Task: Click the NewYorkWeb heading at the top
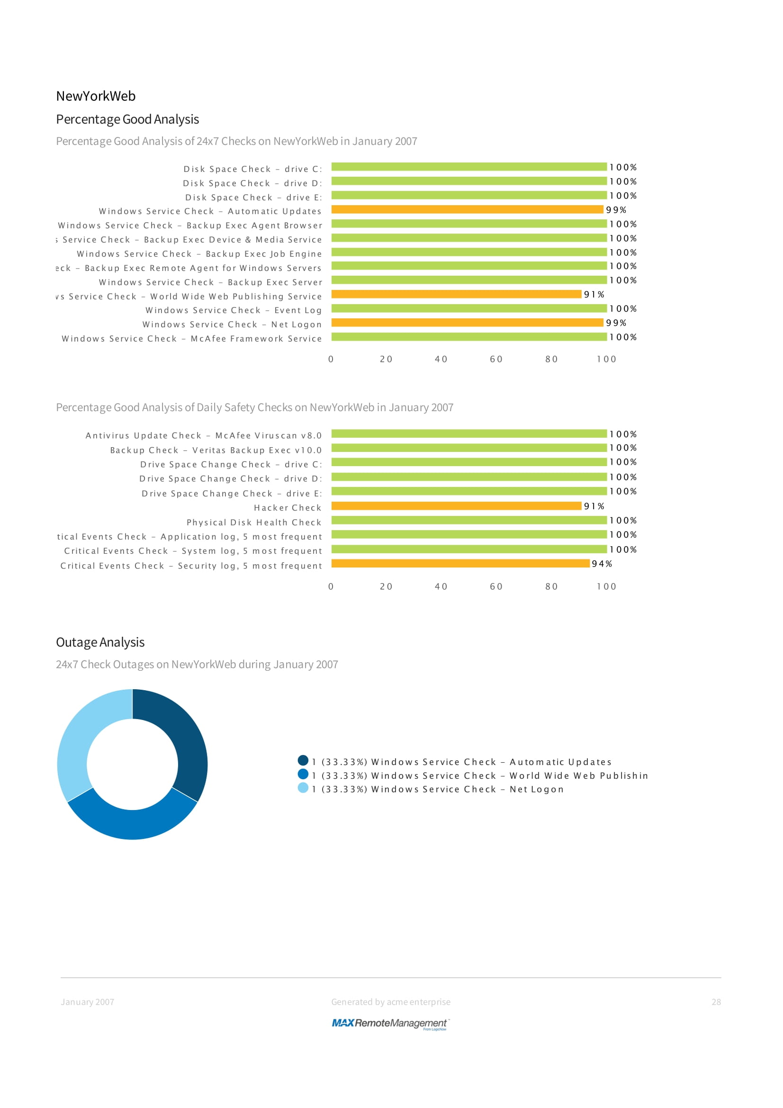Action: (x=96, y=96)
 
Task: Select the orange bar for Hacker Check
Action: (x=456, y=506)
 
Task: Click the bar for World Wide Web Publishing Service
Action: (x=456, y=294)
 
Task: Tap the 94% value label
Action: (x=602, y=564)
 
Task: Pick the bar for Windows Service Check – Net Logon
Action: (x=467, y=323)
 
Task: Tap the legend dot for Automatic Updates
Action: (x=303, y=761)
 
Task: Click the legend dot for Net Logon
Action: (x=303, y=788)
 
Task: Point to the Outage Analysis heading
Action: (x=100, y=642)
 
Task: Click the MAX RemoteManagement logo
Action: (x=390, y=1024)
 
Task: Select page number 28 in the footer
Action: (x=716, y=1002)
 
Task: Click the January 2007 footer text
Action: (x=87, y=1002)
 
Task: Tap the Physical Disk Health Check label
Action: (x=254, y=522)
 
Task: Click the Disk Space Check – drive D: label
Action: (x=252, y=183)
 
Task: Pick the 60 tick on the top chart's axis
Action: (x=496, y=359)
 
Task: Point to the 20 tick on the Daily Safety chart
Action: (x=386, y=586)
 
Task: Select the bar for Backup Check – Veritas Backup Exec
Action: (x=468, y=448)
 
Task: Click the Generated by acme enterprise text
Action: (x=390, y=1002)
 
